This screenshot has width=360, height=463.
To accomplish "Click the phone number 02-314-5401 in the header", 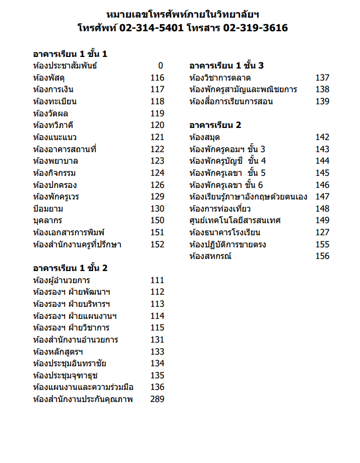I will (152, 28).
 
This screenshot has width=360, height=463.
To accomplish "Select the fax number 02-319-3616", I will (256, 28).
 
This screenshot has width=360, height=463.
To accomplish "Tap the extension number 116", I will (157, 78).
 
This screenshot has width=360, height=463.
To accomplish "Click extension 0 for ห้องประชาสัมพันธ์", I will (161, 66).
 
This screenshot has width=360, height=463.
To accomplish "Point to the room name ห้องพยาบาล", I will (55, 161).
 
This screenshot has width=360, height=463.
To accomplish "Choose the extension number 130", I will (157, 209).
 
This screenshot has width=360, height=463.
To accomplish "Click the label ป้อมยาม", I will (48, 209).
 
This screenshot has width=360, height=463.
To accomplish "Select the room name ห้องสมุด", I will (204, 137).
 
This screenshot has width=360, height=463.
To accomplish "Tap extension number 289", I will (157, 400).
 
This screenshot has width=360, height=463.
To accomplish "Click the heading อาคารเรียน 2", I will (215, 125).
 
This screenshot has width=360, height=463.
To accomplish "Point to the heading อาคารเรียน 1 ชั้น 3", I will (226, 66).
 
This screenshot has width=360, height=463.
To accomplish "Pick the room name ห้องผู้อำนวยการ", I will (62, 280).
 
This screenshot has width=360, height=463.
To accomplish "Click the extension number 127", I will (322, 232).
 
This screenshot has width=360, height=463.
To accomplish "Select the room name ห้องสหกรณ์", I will (210, 256).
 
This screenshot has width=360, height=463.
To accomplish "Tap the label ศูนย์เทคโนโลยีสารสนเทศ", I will (235, 221).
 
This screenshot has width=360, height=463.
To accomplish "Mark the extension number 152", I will (157, 244).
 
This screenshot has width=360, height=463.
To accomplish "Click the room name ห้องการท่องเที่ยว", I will (220, 209).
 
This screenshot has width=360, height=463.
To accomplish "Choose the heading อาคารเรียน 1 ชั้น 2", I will (70, 268).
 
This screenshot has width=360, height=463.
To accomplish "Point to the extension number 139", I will (322, 101).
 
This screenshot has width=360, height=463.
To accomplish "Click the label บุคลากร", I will (48, 221).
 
